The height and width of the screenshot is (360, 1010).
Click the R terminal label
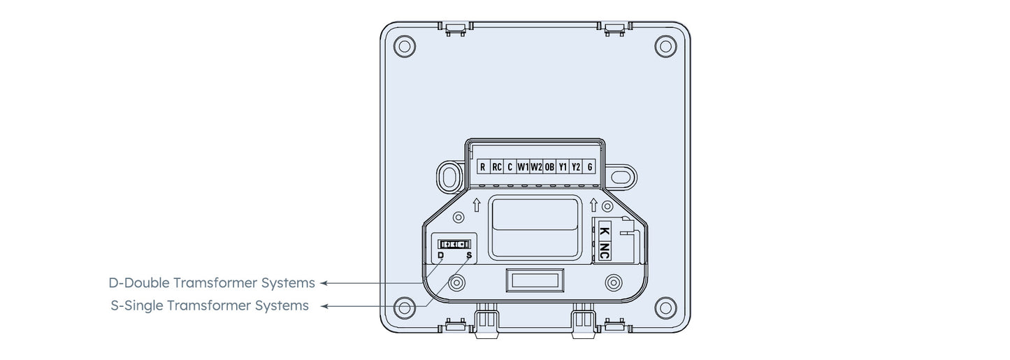point(483,167)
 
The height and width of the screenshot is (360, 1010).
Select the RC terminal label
point(496,167)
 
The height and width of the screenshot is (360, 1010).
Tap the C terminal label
point(510,167)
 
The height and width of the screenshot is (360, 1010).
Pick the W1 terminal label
point(523,167)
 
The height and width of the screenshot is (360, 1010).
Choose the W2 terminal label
point(536,167)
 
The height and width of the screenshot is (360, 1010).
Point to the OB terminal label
point(549,167)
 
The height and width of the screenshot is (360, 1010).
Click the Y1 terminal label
point(563,167)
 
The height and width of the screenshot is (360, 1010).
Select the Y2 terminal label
point(576,167)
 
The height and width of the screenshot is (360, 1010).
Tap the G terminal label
point(590,167)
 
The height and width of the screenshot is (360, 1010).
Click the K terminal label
point(605,231)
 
